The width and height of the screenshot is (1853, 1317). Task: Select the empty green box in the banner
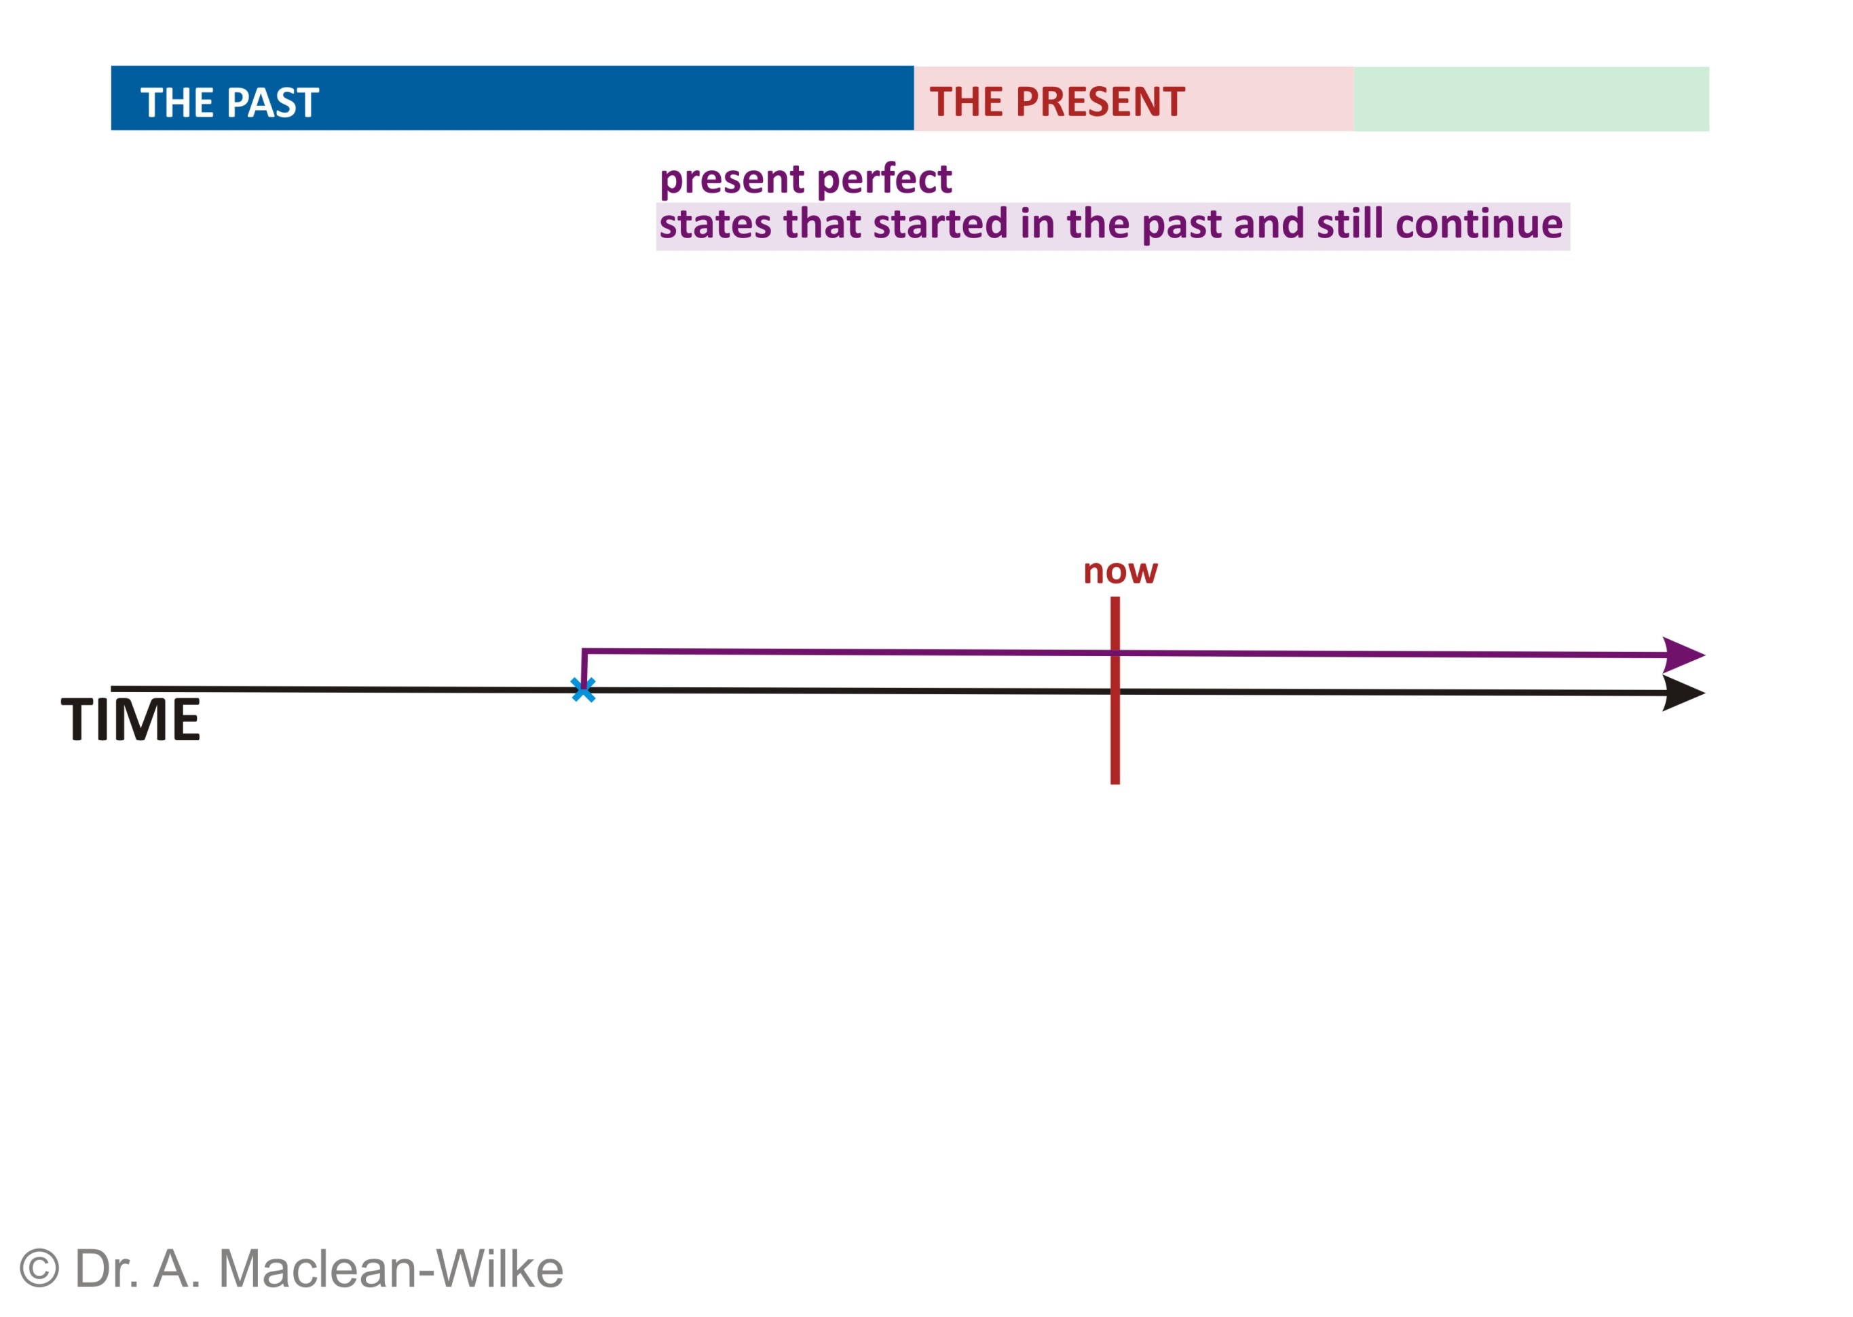coord(1530,99)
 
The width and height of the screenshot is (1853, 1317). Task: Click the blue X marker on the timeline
coord(582,689)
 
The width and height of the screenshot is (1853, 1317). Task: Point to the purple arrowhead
coord(1683,655)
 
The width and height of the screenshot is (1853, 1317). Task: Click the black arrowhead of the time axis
coord(1683,693)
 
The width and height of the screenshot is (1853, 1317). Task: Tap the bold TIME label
coord(130,719)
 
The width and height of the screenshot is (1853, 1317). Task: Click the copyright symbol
coord(39,1268)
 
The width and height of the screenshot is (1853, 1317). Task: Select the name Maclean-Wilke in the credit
coord(391,1268)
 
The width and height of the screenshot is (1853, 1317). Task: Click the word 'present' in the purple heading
coord(732,179)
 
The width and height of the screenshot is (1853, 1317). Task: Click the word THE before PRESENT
coord(967,102)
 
